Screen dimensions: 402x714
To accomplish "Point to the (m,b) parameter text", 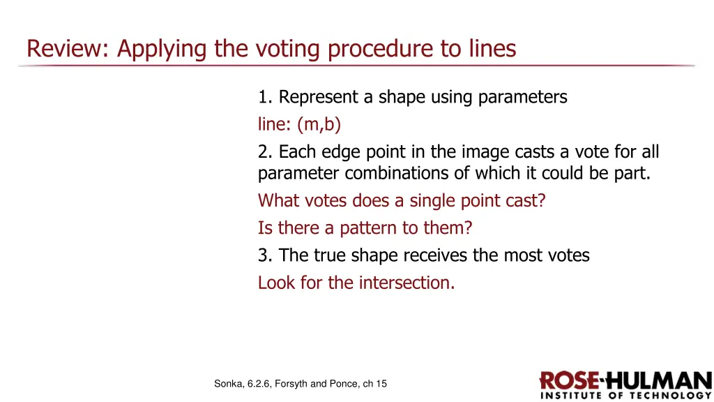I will click(319, 125).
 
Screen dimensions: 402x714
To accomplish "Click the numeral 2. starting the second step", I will click(266, 152).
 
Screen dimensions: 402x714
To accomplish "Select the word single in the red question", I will click(433, 201).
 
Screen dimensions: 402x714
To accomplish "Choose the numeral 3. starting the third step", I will click(266, 255).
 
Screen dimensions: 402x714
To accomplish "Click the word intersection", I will click(407, 283).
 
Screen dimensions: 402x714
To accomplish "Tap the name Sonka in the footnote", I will click(229, 383).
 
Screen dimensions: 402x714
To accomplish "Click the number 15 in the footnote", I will click(381, 383).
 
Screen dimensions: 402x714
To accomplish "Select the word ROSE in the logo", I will click(570, 381).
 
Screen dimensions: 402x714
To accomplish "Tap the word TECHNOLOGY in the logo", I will click(669, 396).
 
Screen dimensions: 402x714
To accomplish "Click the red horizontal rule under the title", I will click(357, 66).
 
